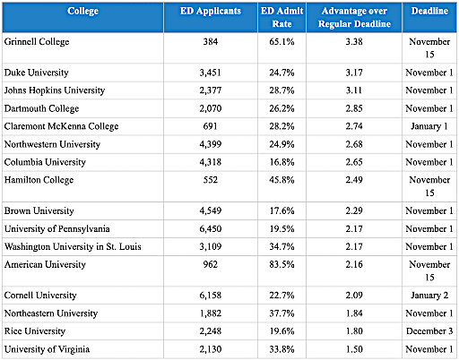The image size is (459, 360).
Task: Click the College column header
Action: [82, 11]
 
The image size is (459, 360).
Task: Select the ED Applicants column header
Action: [211, 11]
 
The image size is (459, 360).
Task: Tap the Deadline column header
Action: [429, 11]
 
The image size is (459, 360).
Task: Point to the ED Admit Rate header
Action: [281, 17]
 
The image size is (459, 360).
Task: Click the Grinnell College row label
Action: [37, 42]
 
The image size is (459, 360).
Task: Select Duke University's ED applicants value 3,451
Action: [211, 73]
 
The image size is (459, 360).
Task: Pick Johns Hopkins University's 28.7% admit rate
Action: [281, 90]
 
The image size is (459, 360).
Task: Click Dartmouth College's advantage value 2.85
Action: [354, 108]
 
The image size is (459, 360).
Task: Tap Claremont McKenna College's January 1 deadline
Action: [429, 126]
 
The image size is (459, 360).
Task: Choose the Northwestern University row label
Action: [52, 144]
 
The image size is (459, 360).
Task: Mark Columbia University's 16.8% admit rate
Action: [281, 162]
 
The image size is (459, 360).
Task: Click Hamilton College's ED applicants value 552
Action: [211, 180]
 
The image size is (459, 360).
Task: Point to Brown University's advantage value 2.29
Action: [354, 210]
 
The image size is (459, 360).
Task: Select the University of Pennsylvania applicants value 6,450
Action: [211, 229]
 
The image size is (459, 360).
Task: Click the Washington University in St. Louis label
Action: [73, 247]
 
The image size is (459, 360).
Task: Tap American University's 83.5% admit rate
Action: [281, 264]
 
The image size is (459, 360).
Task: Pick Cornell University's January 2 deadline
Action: [429, 296]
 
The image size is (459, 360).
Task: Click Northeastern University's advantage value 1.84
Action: [354, 313]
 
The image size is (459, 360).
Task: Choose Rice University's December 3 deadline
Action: [429, 331]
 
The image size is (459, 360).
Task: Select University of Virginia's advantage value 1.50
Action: [354, 349]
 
